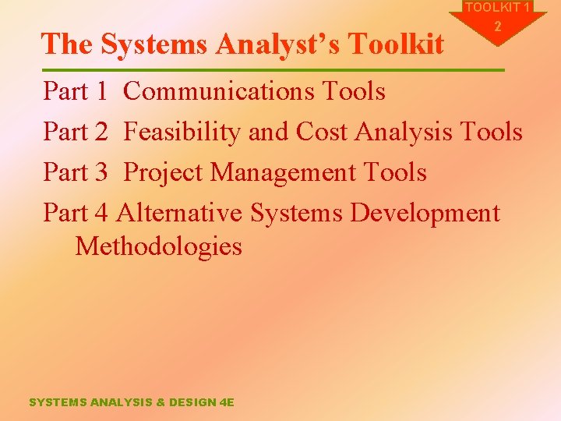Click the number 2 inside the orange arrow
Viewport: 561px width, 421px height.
499,27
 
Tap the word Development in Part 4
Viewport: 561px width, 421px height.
425,212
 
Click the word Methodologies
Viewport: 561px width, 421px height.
158,247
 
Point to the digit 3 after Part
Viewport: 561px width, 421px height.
100,172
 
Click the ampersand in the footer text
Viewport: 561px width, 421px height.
161,402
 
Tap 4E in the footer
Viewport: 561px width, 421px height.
226,402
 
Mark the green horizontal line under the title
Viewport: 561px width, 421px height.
273,70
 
